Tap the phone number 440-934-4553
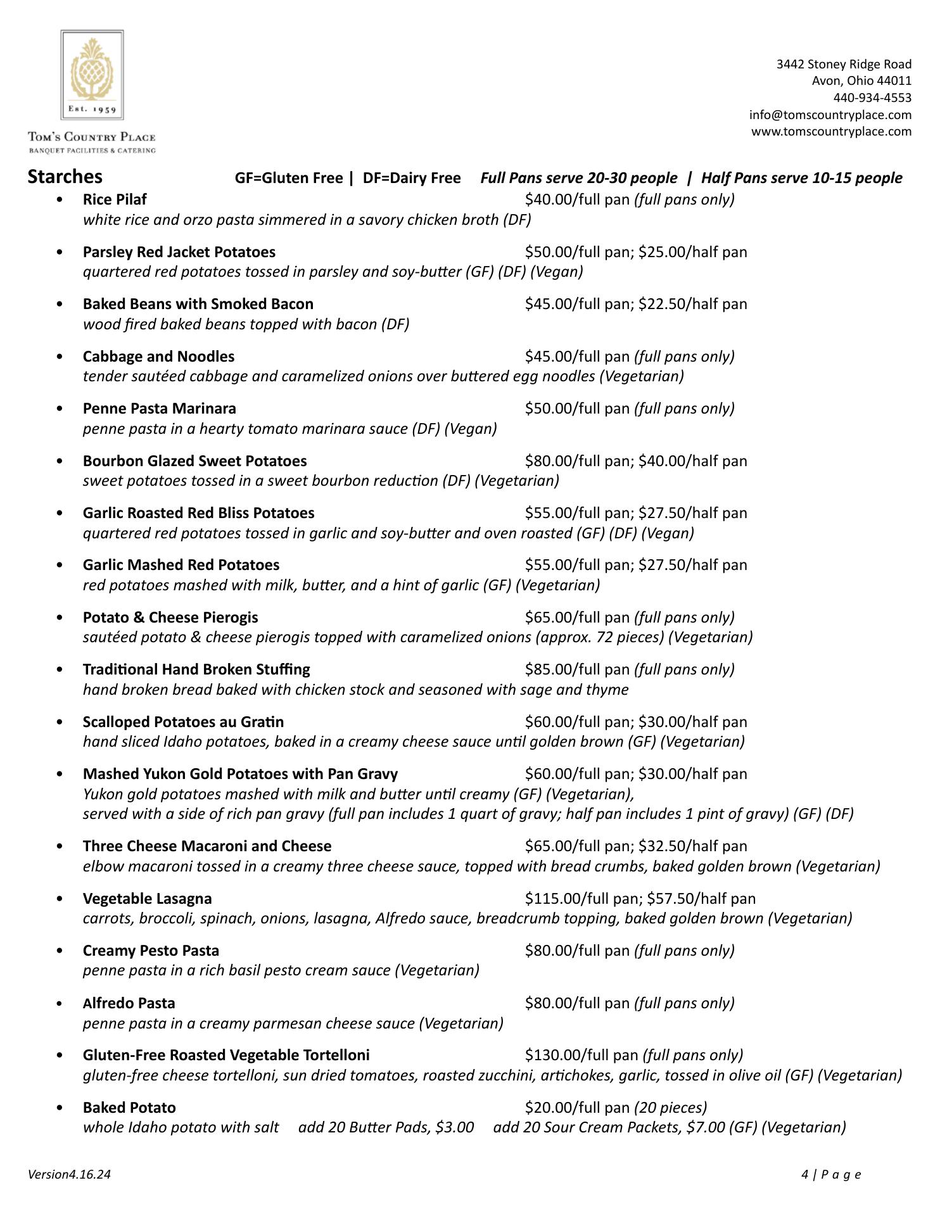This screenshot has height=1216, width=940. pos(872,98)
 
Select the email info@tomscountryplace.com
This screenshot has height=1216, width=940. pos(830,115)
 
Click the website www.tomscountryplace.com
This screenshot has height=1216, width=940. pos(831,131)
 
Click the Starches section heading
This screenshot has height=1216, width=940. pos(65,177)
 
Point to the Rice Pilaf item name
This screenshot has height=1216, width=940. pos(115,199)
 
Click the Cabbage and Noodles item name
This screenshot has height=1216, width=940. pos(158,357)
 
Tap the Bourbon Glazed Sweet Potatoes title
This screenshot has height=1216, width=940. pos(194,461)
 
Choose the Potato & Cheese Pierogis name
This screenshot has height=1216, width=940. pos(170,617)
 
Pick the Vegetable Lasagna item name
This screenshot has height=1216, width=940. pos(147,899)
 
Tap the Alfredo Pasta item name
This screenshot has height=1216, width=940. pos(129,1003)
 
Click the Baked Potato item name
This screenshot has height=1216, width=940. pos(129,1108)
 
